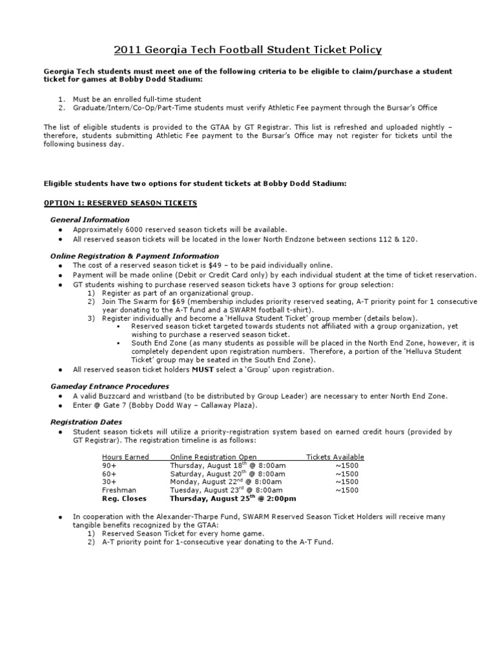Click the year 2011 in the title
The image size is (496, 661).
click(129, 50)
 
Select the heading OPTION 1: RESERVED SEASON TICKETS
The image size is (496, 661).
click(120, 203)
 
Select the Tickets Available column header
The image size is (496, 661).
click(335, 457)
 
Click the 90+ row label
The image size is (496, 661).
click(109, 465)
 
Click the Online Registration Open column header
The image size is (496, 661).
click(213, 457)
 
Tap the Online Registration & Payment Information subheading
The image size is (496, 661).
click(134, 256)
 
